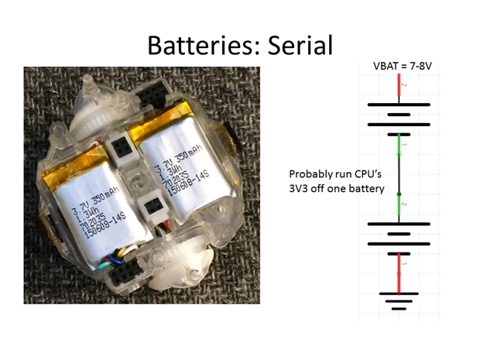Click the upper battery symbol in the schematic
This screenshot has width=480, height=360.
point(398,114)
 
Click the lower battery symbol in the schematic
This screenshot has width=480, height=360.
point(398,234)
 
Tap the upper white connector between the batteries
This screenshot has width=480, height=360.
point(122,146)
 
